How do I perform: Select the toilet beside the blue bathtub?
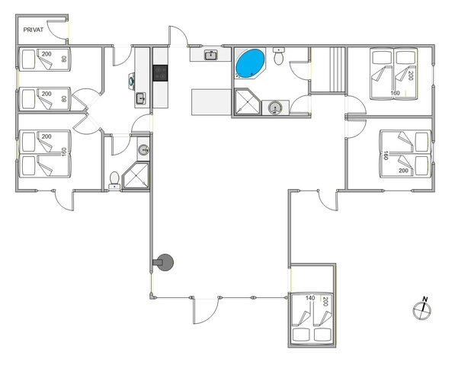pyautogui.click(x=279, y=57)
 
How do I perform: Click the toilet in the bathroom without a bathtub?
pyautogui.click(x=115, y=179)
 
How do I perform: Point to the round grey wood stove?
pyautogui.click(x=165, y=263)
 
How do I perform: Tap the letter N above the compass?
pyautogui.click(x=426, y=299)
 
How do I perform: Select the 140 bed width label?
pyautogui.click(x=310, y=298)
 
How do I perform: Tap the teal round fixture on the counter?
pyautogui.click(x=133, y=78)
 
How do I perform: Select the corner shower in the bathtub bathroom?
pyautogui.click(x=245, y=104)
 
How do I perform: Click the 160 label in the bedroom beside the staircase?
pyautogui.click(x=394, y=93)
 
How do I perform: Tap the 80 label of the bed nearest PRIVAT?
pyautogui.click(x=64, y=58)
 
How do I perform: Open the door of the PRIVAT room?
pyautogui.click(x=58, y=28)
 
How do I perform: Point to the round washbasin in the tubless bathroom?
pyautogui.click(x=142, y=149)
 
